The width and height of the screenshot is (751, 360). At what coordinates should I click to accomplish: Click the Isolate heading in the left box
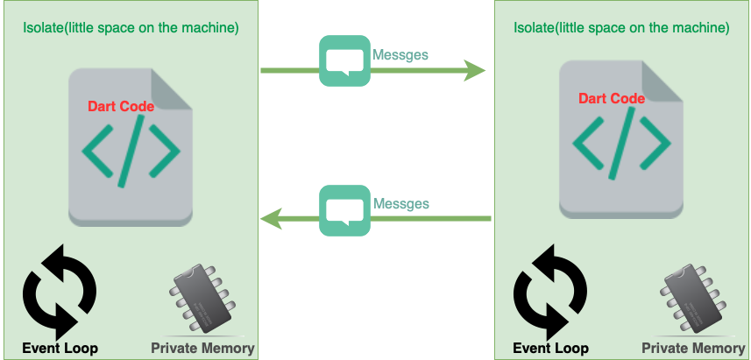click(131, 27)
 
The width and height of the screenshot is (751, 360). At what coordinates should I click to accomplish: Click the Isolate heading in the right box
click(621, 27)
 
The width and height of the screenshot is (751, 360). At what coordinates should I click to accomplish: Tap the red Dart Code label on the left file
click(121, 107)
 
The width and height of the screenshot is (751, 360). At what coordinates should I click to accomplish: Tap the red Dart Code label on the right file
click(612, 98)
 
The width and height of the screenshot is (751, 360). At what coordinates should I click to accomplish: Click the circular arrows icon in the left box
click(59, 292)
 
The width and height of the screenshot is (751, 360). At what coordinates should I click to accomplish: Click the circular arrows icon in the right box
click(549, 292)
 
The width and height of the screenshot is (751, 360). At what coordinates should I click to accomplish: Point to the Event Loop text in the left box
click(60, 349)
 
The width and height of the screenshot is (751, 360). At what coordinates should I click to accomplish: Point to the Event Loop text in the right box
click(550, 349)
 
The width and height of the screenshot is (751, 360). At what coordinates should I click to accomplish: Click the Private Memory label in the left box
click(202, 349)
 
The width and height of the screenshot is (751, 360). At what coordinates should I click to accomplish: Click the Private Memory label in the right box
click(693, 349)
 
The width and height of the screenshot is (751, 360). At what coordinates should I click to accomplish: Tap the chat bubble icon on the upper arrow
click(344, 60)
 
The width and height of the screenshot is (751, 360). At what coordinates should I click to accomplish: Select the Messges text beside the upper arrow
click(400, 54)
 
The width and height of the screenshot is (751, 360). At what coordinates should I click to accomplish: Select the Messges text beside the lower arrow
click(400, 204)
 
